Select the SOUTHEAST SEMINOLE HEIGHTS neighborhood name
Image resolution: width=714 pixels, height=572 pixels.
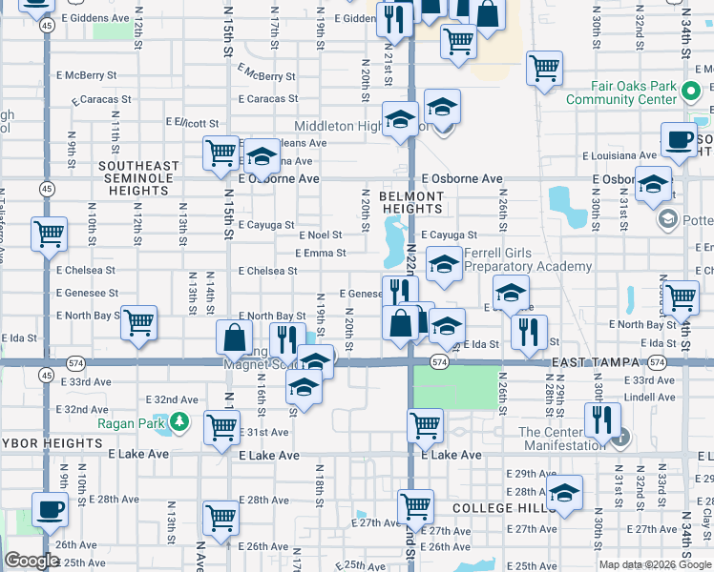coord(138,178)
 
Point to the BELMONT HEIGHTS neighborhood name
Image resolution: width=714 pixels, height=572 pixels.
coord(412,202)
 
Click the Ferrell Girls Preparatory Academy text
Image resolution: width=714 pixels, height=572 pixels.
coord(527,260)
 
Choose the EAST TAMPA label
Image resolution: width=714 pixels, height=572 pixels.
coord(593,363)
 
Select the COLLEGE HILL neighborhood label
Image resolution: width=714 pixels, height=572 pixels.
coord(496,509)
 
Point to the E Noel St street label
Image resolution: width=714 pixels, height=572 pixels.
coord(320,235)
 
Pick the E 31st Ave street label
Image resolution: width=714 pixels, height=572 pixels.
coord(264,432)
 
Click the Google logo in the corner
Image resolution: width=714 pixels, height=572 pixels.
coord(31,561)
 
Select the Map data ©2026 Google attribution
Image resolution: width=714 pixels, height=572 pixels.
coord(654,564)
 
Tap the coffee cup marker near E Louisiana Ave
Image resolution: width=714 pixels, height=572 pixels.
coord(680,139)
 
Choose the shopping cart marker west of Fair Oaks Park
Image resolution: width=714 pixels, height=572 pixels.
coord(544,68)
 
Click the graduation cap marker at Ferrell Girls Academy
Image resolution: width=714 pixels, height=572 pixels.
coord(443,264)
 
